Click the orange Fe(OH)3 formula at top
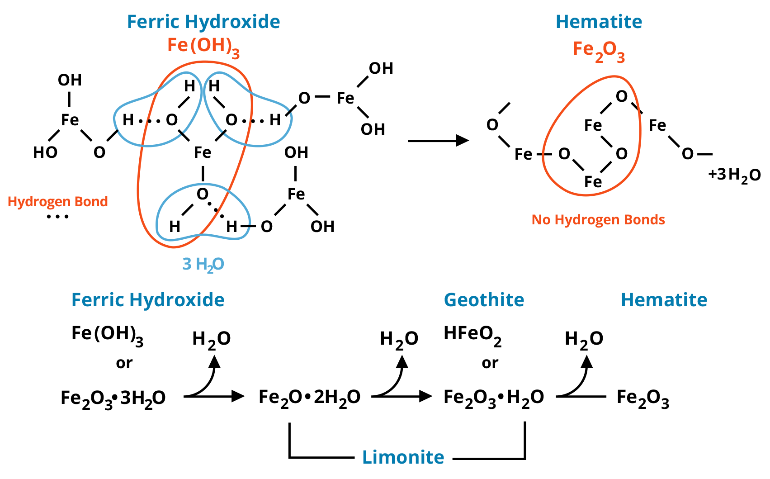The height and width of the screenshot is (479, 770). coord(203,46)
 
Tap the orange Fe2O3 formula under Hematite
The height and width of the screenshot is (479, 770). coord(599,51)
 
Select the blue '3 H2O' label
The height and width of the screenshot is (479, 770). coord(203,264)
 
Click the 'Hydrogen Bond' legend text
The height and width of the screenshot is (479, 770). coord(58,202)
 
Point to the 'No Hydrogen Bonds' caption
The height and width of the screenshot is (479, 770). coord(598,220)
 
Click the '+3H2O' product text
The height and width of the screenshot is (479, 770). coord(734,175)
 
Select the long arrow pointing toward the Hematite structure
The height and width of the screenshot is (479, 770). coord(438,141)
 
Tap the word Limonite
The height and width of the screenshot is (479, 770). coord(403,457)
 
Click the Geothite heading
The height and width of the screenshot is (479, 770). coord(484,300)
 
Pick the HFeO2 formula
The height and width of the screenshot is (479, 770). coord(472,335)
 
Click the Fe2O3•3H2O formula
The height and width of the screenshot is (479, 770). coord(113,398)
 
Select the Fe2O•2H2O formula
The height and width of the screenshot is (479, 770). coord(309,398)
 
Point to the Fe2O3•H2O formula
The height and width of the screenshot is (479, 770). coord(494,398)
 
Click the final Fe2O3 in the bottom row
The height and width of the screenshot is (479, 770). coord(642,398)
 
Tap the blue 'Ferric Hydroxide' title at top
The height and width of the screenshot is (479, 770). coord(203,22)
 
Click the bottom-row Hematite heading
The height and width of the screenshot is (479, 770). coord(664,300)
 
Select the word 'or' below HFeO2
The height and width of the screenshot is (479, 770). coord(490,363)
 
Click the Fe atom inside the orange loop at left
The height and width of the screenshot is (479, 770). coord(203,153)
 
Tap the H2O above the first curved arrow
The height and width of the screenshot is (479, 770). coord(212,339)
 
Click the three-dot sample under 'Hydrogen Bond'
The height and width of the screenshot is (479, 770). coord(57,217)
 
